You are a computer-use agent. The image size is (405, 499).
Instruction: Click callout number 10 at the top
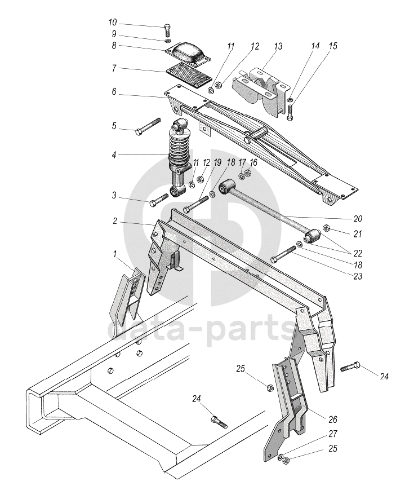[x=113, y=23]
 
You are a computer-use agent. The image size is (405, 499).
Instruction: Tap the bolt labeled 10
[x=167, y=29]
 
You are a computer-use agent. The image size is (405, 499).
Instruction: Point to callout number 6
[x=114, y=92]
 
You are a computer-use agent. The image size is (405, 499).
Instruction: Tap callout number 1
[x=115, y=255]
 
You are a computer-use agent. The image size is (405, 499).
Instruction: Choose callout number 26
[x=333, y=419]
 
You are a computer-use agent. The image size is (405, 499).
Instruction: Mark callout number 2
[x=114, y=222]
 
